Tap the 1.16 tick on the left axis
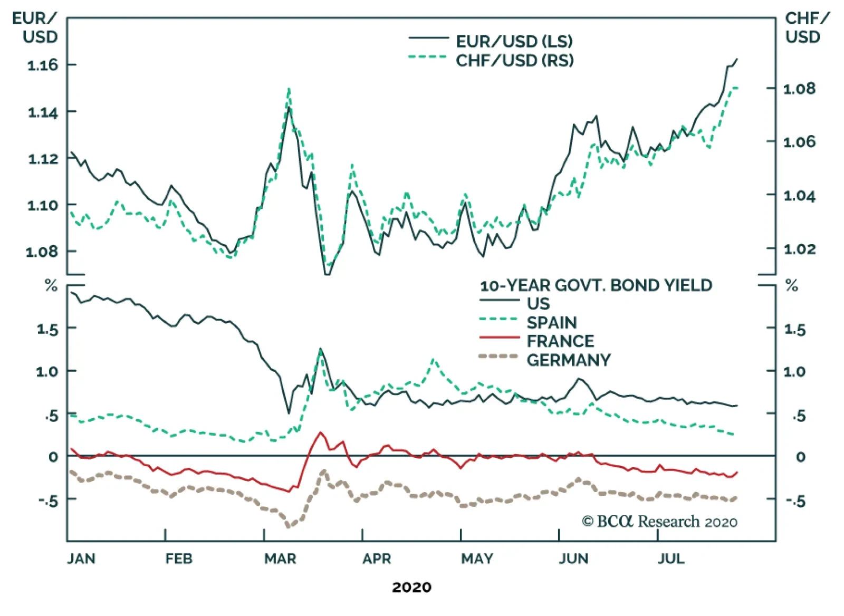pyautogui.click(x=43, y=65)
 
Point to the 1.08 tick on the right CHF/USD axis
pyautogui.click(x=799, y=89)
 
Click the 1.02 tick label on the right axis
pyautogui.click(x=799, y=249)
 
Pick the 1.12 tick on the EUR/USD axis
pyautogui.click(x=43, y=158)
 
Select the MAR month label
pyautogui.click(x=280, y=559)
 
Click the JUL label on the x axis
pyautogui.click(x=670, y=559)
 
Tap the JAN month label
pyautogui.click(x=81, y=559)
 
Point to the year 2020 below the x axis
pyautogui.click(x=411, y=587)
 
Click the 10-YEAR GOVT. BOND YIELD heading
pyautogui.click(x=596, y=285)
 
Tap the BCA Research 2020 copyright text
pyautogui.click(x=659, y=522)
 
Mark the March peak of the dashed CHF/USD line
pyautogui.click(x=289, y=89)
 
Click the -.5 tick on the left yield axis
pyautogui.click(x=48, y=500)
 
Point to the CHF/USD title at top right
pyautogui.click(x=807, y=27)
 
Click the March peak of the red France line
pyautogui.click(x=320, y=432)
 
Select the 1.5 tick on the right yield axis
pyautogui.click(x=795, y=330)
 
